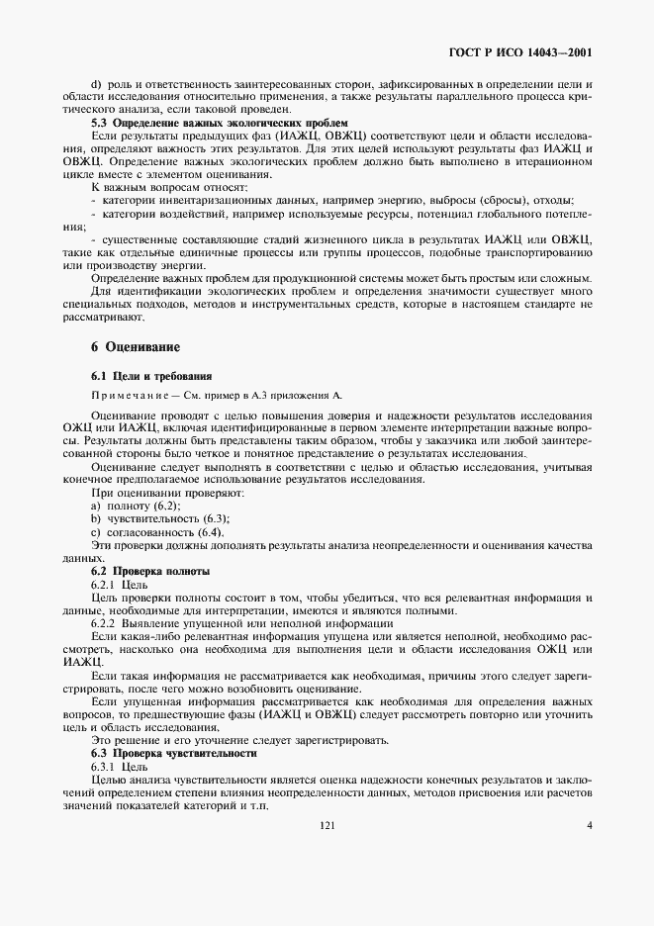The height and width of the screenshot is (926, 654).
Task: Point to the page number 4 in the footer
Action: pyautogui.click(x=589, y=825)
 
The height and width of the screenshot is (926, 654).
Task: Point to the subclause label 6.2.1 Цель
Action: pyautogui.click(x=120, y=586)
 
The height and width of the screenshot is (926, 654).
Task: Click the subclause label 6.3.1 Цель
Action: pyautogui.click(x=120, y=766)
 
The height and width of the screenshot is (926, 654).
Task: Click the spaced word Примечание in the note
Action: pyautogui.click(x=133, y=395)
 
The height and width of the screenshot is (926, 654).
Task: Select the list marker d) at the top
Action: pyautogui.click(x=96, y=83)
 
